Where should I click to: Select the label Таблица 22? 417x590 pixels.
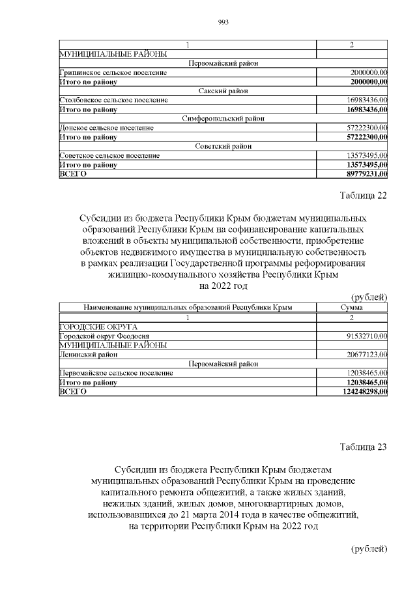[x=363, y=198]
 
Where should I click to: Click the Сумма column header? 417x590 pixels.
[x=351, y=307]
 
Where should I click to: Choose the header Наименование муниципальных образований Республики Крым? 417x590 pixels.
[x=188, y=307]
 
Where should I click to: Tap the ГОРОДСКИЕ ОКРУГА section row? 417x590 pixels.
[x=98, y=326]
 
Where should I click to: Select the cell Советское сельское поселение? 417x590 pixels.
[x=109, y=156]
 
